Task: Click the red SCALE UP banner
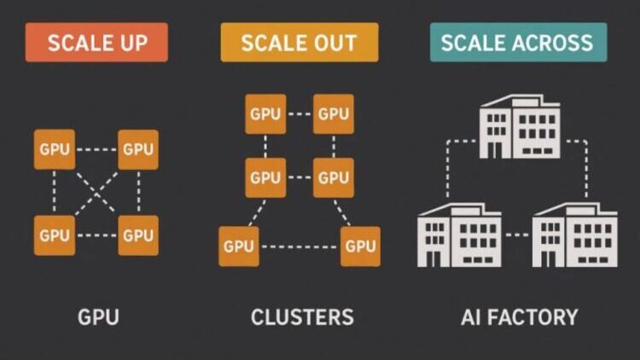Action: [x=96, y=43]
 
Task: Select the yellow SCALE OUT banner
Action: [x=300, y=43]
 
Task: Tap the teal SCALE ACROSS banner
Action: [x=518, y=43]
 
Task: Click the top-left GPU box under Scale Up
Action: [x=54, y=149]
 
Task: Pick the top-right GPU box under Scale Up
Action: [x=137, y=149]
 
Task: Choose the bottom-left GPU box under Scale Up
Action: [x=54, y=235]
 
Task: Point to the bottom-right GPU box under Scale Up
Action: [x=137, y=235]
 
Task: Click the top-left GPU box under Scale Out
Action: [x=265, y=114]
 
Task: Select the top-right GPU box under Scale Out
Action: [x=333, y=114]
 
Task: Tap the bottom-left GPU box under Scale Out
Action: [x=239, y=247]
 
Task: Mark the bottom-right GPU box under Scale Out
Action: [x=359, y=247]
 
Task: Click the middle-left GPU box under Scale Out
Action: [x=265, y=177]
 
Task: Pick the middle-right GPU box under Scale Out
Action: [x=333, y=177]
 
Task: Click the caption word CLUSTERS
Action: [x=302, y=318]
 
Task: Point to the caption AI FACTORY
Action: [x=519, y=318]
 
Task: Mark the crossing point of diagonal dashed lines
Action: [x=96, y=192]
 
